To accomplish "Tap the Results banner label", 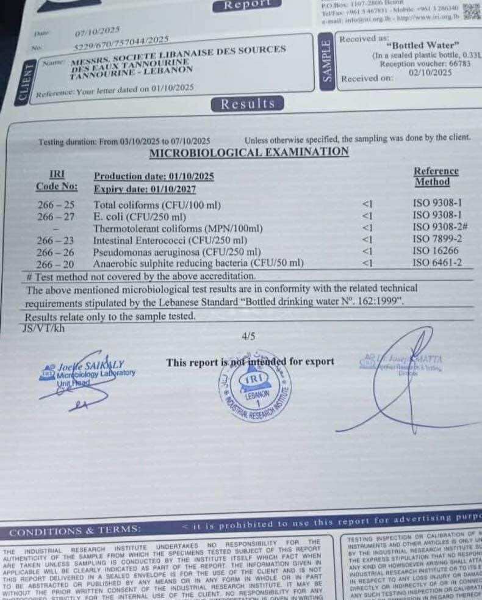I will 248,104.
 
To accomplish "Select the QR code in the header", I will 472,12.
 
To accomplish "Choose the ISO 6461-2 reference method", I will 437,263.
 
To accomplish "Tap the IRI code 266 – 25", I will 56,205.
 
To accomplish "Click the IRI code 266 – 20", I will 56,264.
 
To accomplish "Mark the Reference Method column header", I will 435,176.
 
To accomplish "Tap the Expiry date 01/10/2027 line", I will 145,189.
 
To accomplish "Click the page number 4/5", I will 248,336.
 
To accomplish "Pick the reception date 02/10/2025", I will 433,72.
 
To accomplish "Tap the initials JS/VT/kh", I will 43,328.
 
